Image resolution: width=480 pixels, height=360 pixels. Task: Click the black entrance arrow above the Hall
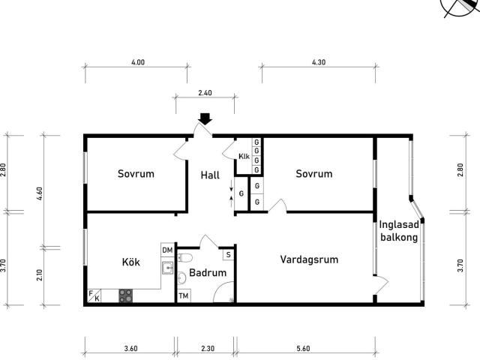coord(205,118)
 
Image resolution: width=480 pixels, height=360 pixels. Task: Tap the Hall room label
coord(210,175)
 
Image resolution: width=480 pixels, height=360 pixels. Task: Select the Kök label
coord(130,262)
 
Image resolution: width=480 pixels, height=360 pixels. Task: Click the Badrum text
coord(208,272)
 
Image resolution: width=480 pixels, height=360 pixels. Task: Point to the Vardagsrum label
coord(309,259)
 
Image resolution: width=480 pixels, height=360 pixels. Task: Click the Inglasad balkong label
coord(399,231)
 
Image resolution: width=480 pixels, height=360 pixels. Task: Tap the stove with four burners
coord(126,295)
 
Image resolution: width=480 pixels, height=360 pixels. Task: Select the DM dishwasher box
coord(167,250)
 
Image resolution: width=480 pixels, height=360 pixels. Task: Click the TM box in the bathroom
coord(184,295)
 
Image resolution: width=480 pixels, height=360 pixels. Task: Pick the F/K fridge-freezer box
coord(94,295)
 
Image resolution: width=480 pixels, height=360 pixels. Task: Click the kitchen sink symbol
coord(167,268)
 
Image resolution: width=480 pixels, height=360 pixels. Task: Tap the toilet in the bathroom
coord(184,258)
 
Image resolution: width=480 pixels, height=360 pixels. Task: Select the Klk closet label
coord(244,157)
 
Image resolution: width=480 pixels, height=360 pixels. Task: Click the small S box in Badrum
coord(228,255)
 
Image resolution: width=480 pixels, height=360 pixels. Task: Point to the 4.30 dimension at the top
coord(319,62)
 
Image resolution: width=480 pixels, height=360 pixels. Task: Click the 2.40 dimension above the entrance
coord(205,93)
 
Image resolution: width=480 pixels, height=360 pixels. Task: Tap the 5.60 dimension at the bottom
coord(303,348)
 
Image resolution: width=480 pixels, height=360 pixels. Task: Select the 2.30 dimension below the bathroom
coord(208,348)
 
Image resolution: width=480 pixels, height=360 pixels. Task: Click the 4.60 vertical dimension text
coord(40,193)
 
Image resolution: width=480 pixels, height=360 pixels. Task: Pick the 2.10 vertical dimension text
coord(40,275)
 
